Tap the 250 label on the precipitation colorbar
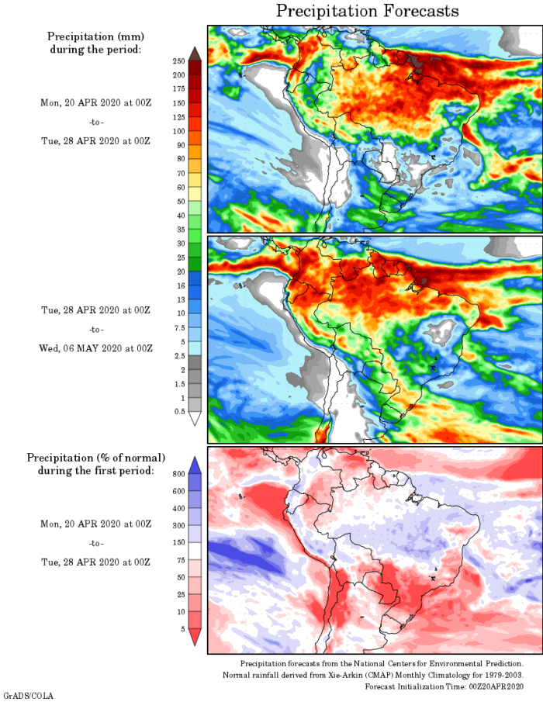[x=178, y=61]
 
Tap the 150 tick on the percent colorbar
[x=178, y=542]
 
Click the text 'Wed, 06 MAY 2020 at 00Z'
[x=95, y=348]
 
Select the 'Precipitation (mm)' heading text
[x=95, y=36]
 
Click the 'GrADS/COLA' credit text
[x=28, y=696]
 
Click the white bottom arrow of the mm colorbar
[x=195, y=419]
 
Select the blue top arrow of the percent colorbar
[x=195, y=465]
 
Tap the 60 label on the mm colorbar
[x=180, y=187]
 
